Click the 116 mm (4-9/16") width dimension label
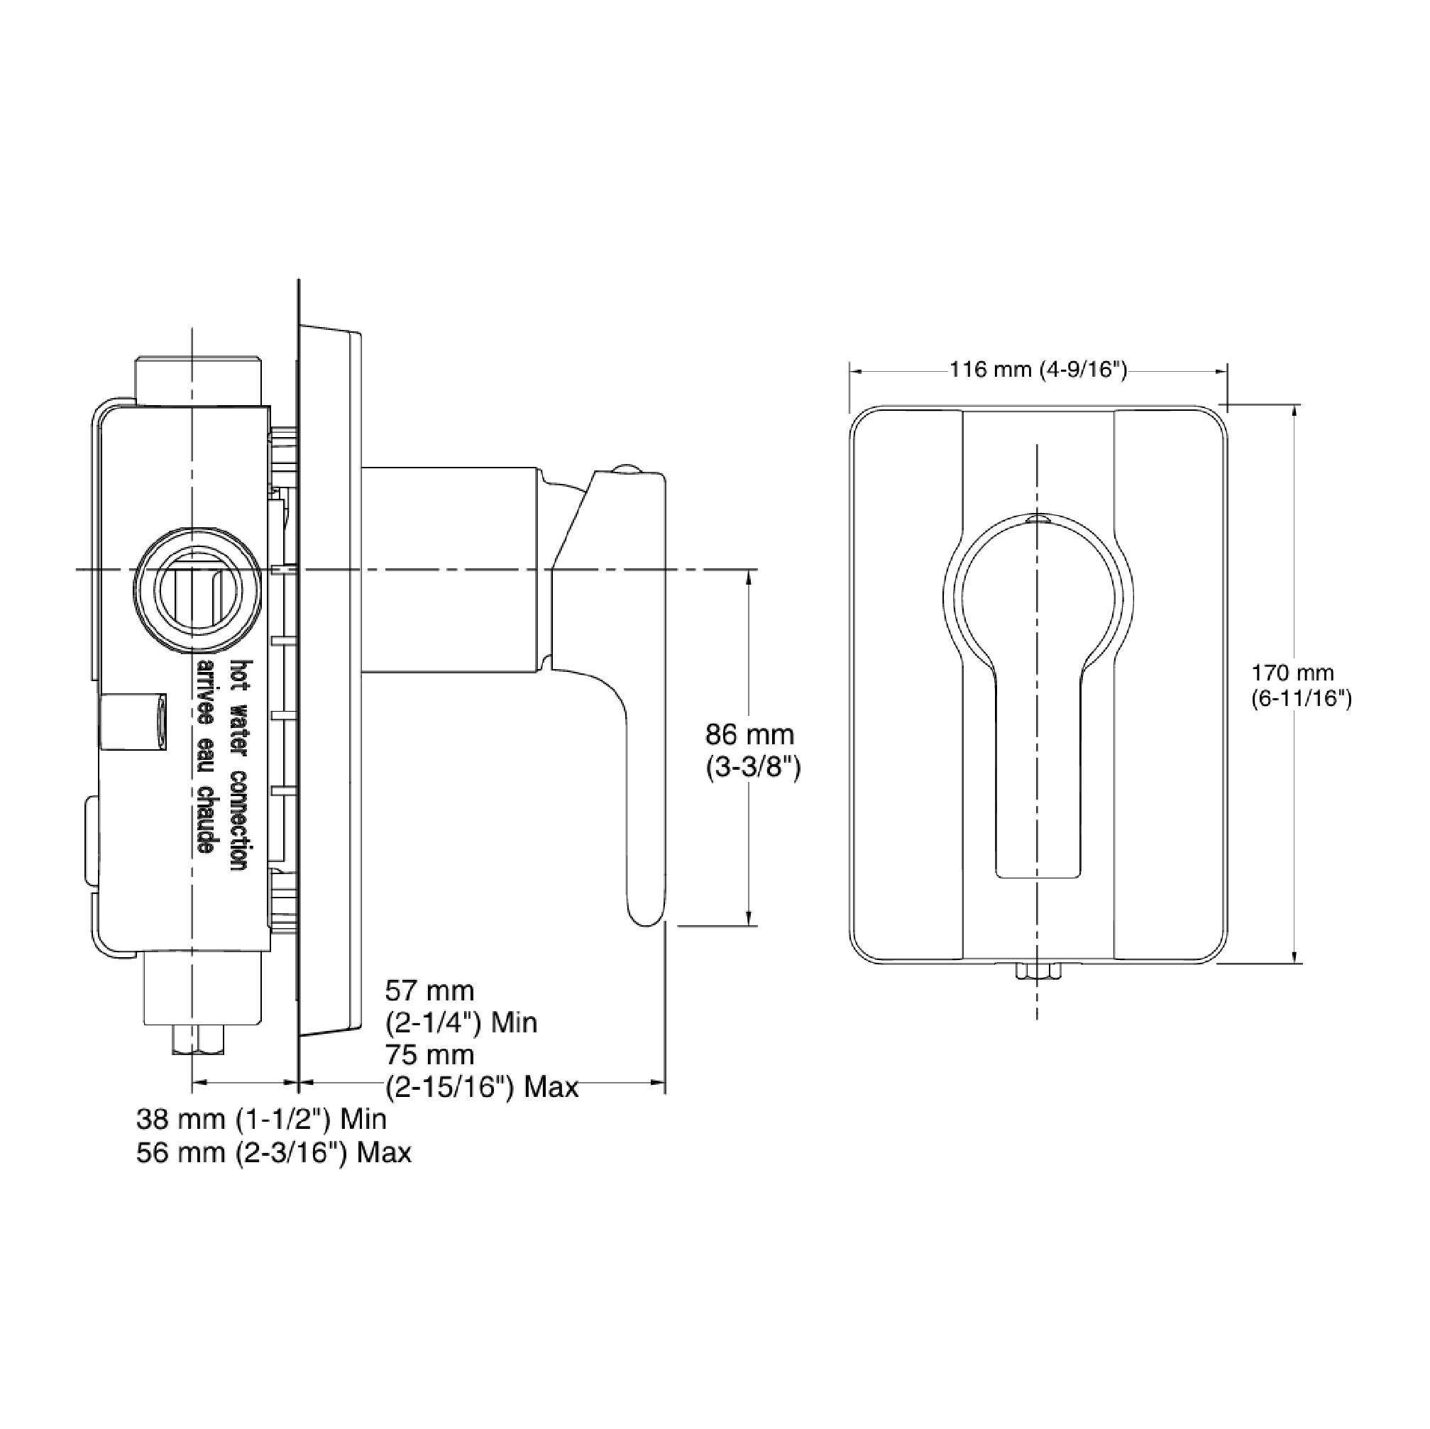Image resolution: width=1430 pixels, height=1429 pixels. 1038,368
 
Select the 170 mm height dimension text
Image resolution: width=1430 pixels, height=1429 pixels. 1293,673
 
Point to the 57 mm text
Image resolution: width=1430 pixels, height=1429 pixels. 429,991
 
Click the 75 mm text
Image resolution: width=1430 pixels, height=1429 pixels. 429,1054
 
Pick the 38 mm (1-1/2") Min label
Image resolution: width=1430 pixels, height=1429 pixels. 261,1119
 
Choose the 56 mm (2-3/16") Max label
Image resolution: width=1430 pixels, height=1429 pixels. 274,1152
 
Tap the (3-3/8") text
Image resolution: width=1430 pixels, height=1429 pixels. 753,768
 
